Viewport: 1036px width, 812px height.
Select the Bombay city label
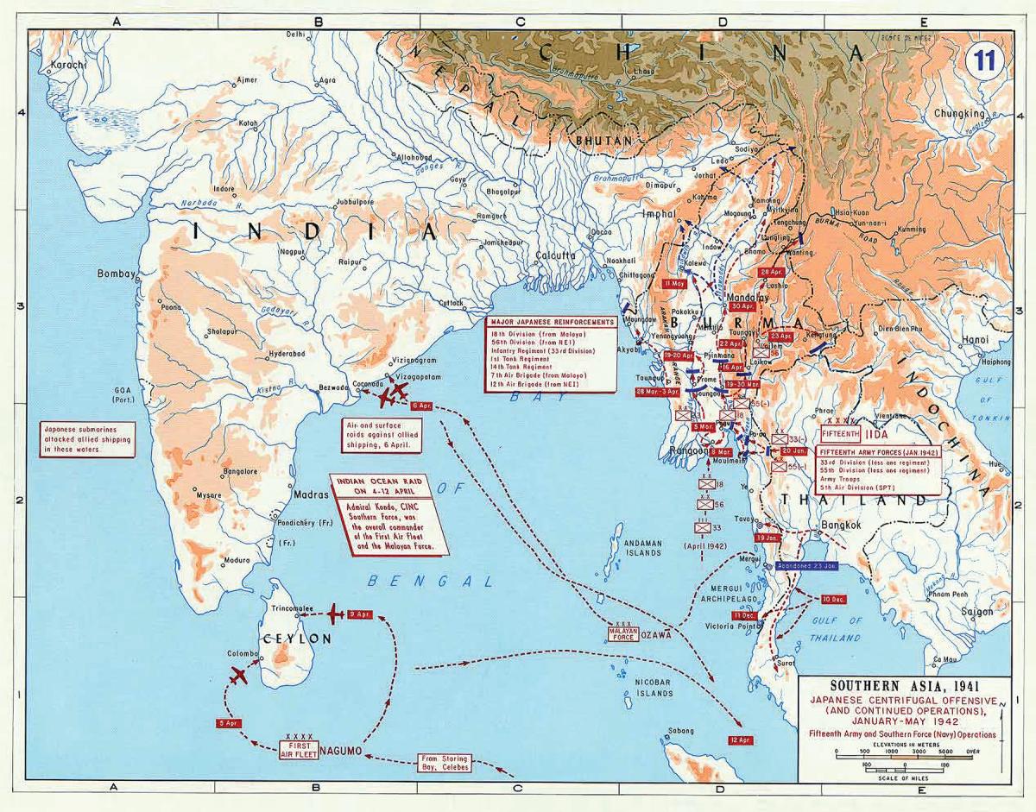(117, 274)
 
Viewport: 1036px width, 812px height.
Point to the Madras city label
(311, 495)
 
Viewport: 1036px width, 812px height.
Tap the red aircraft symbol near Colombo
(239, 677)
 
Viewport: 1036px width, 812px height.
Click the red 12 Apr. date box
(740, 740)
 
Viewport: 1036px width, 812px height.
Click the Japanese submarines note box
(87, 439)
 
